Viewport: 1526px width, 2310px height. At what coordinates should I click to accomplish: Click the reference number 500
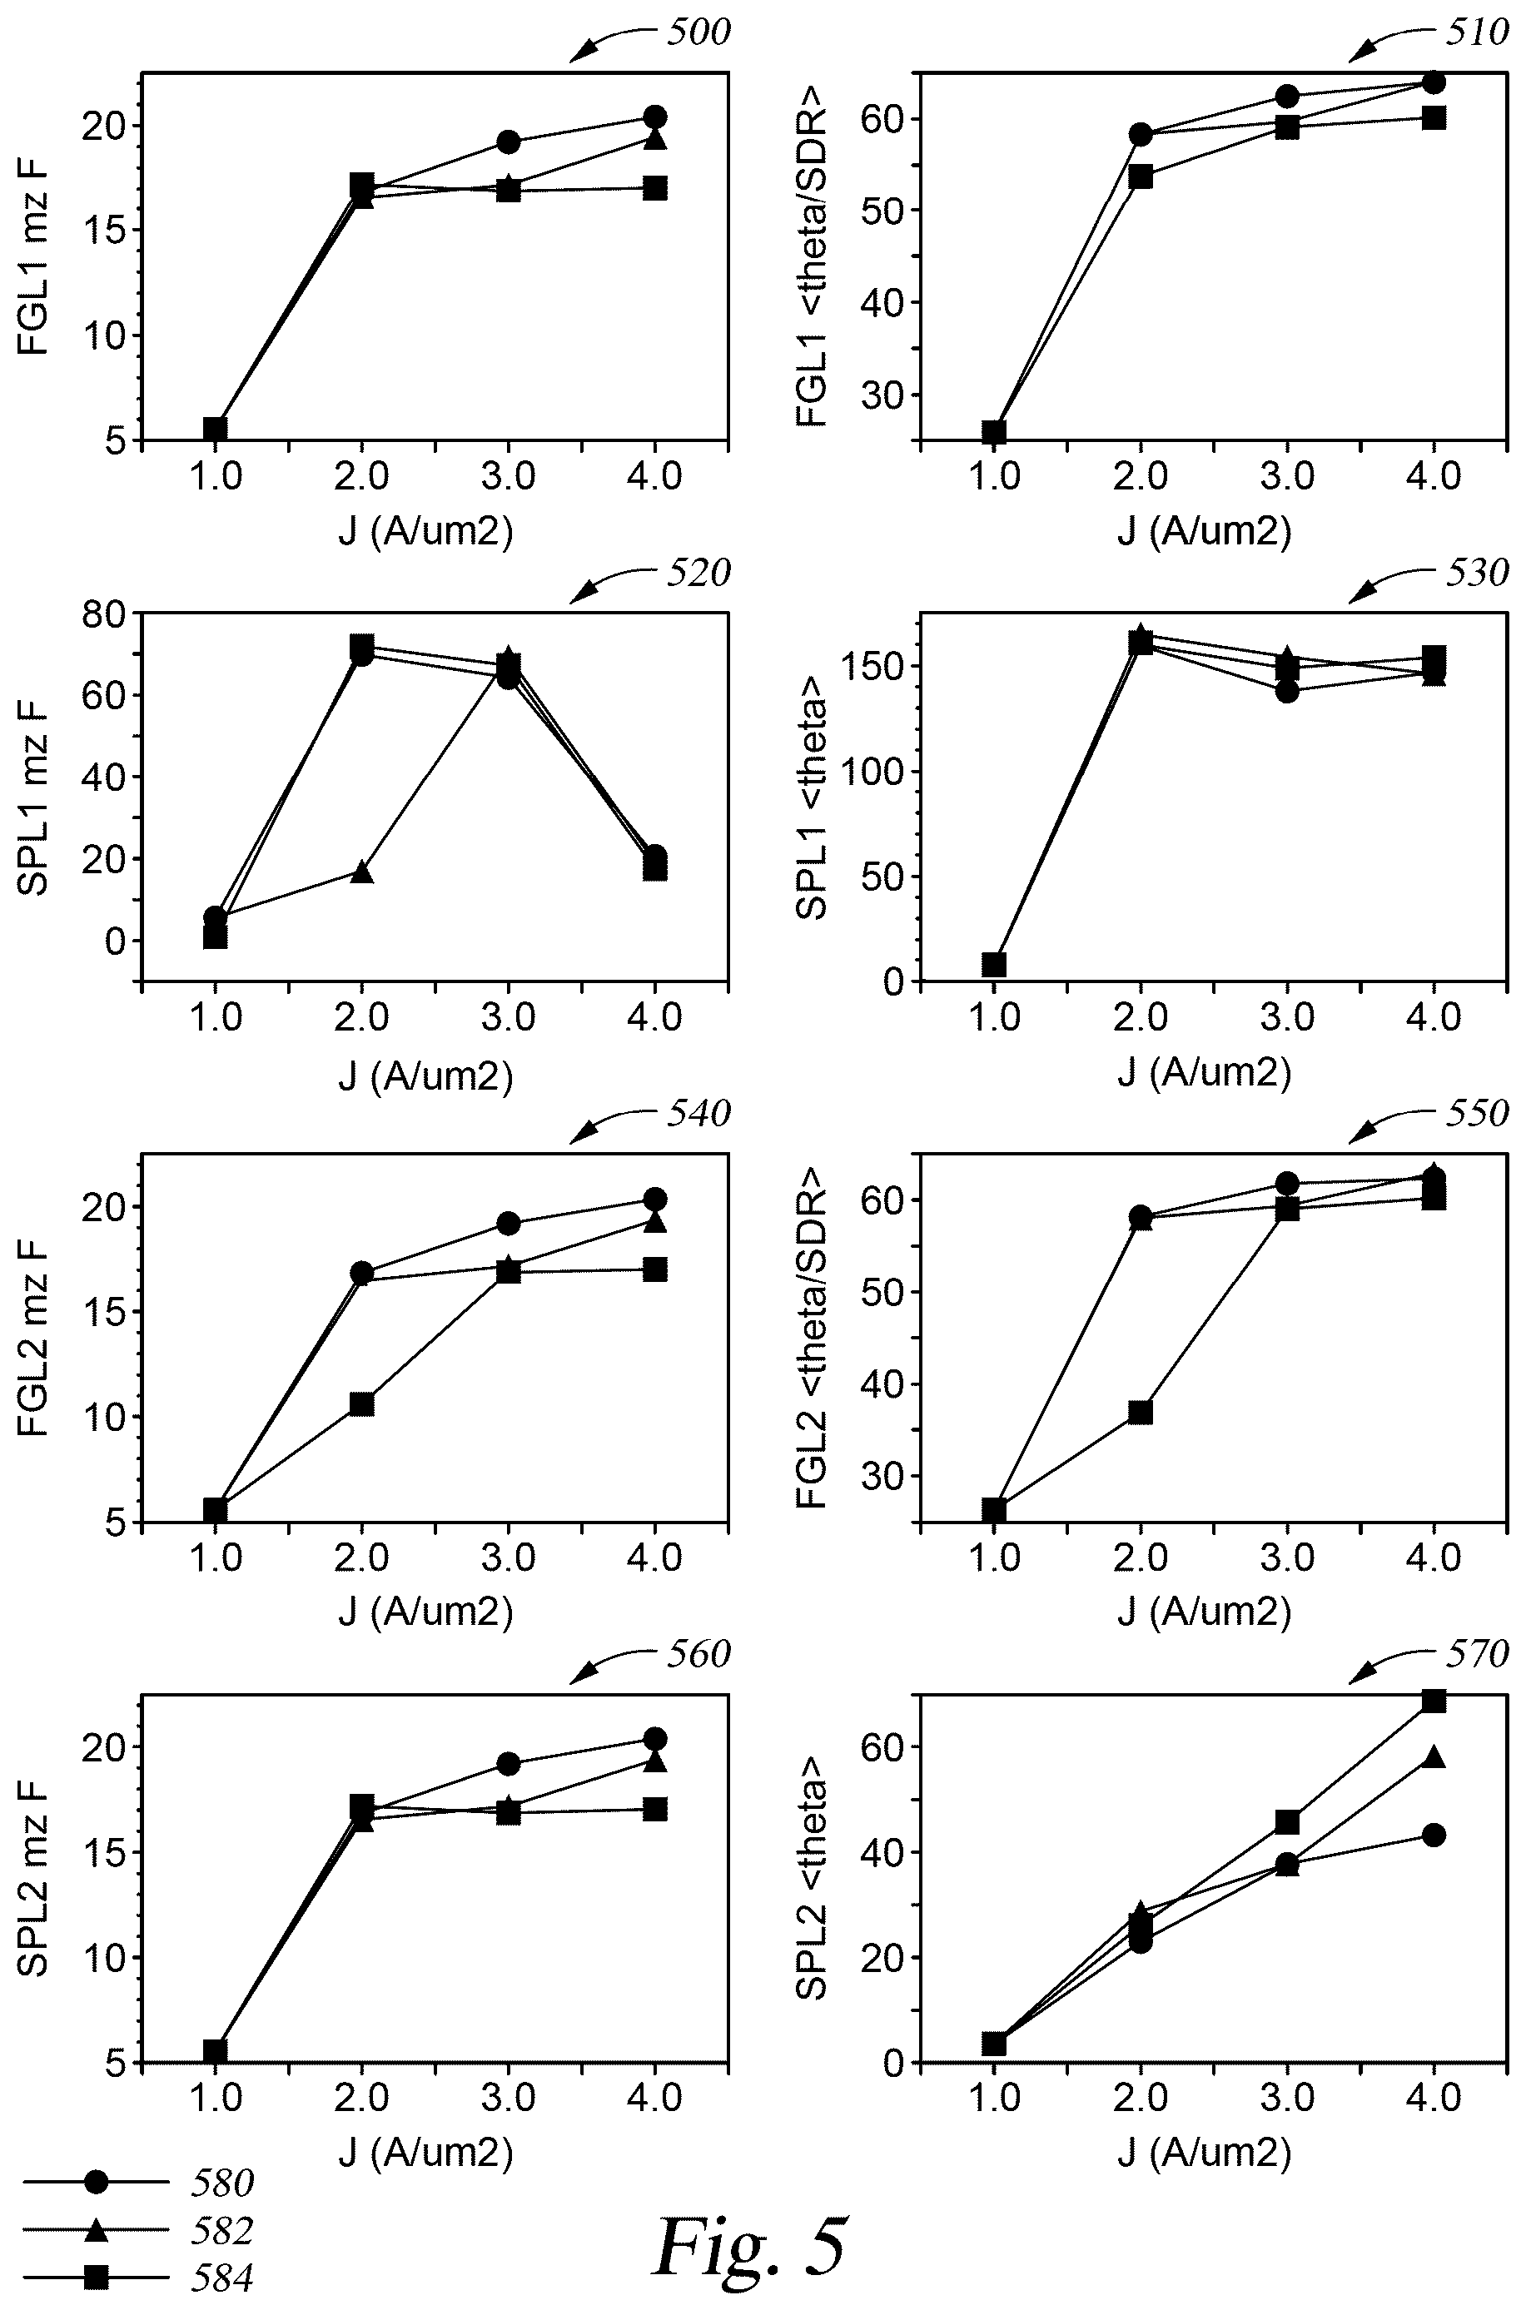(x=698, y=32)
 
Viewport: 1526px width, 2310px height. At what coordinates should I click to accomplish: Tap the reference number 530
(x=1476, y=572)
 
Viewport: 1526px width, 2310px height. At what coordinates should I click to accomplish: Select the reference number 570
(x=1476, y=1653)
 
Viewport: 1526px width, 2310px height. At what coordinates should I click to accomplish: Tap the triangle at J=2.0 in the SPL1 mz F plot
(x=362, y=871)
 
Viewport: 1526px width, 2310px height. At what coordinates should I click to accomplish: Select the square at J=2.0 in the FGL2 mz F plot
(x=362, y=1403)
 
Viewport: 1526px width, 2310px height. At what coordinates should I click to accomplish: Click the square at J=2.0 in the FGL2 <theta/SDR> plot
(x=1141, y=1412)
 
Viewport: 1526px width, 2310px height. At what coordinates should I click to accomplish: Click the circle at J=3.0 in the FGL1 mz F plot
(x=508, y=142)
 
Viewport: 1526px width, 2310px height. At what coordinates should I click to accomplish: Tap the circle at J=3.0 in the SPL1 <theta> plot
(x=1286, y=691)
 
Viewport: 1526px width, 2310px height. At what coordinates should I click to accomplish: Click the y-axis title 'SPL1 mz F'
(x=35, y=797)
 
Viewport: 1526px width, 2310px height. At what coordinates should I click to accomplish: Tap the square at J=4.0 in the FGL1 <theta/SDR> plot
(x=1434, y=117)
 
